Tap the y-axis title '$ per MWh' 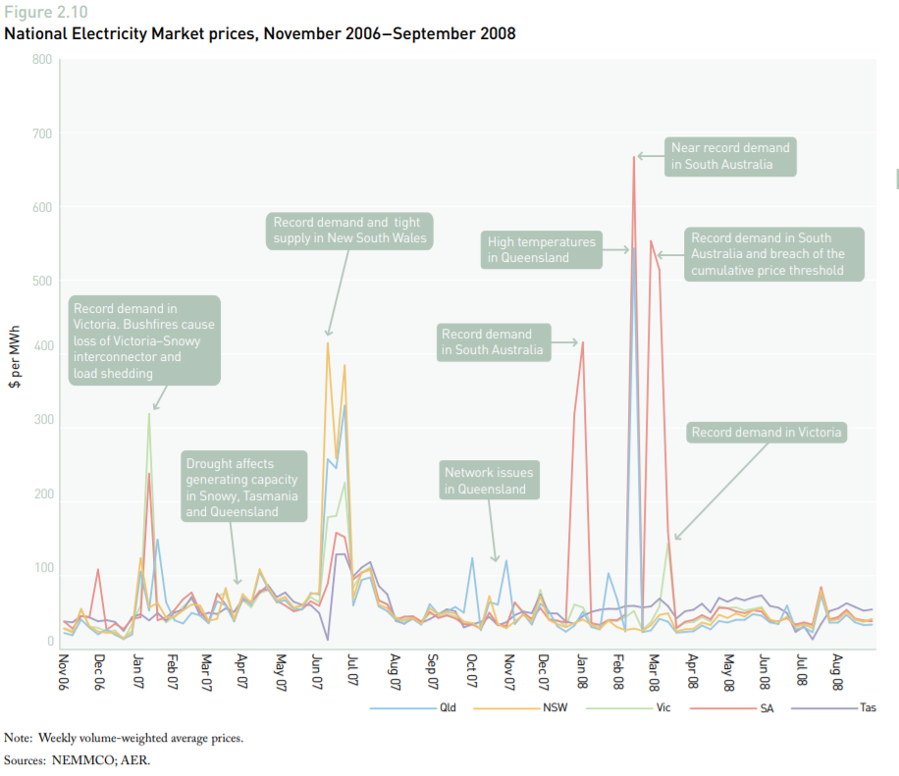[x=15, y=353]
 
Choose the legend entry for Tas [x=866, y=707]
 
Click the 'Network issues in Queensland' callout [x=489, y=481]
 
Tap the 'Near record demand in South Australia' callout [x=729, y=156]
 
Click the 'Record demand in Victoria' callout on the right [x=766, y=433]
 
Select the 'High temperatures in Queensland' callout [x=541, y=250]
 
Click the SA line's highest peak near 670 [x=634, y=157]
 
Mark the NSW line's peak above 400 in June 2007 [x=328, y=342]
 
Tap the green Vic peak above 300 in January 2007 [x=149, y=413]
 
